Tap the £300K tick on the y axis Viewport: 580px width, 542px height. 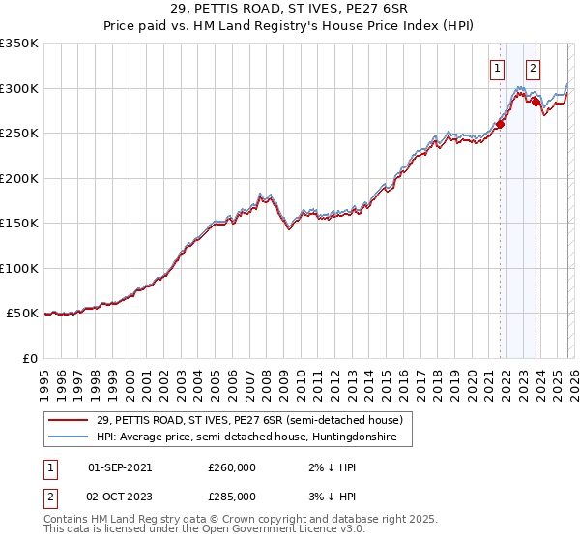coord(19,88)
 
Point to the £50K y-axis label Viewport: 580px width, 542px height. coord(22,314)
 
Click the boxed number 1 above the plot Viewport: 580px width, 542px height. coord(497,68)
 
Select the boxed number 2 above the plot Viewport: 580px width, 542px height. coord(533,68)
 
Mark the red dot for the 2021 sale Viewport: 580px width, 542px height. coord(500,124)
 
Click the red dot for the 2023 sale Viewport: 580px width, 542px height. coord(536,101)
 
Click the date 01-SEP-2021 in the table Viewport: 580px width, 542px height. coord(120,467)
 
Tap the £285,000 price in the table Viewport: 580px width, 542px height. coord(231,496)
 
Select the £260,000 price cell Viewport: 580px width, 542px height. coord(231,467)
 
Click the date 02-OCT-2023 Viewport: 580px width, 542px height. coord(120,496)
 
